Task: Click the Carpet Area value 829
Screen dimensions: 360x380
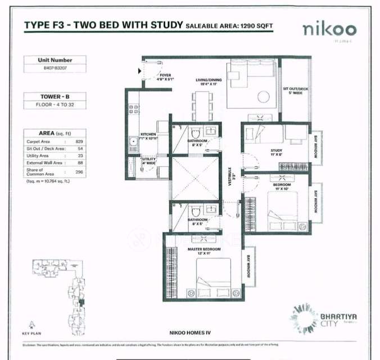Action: click(x=79, y=141)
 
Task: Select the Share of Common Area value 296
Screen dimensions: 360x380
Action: click(x=79, y=172)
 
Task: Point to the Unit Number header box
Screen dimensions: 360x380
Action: click(x=56, y=60)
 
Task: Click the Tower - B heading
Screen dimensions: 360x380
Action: click(x=55, y=97)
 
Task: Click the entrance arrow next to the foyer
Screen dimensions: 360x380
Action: click(x=139, y=71)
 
